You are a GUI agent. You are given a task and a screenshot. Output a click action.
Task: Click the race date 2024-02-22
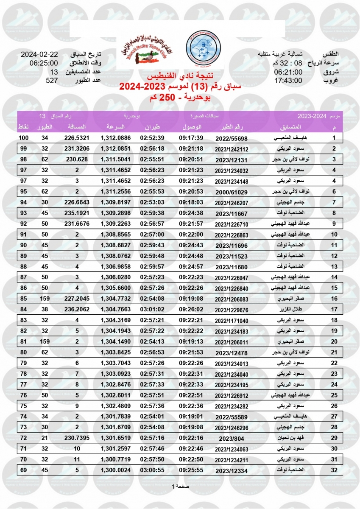pos(39,56)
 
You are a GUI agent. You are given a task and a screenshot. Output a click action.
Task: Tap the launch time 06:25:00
pos(40,64)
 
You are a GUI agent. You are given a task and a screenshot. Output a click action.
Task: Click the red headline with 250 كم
pos(180,98)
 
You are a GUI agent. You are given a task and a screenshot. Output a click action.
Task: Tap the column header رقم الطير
pos(231,127)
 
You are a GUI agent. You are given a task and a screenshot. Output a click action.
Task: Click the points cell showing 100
pos(23,138)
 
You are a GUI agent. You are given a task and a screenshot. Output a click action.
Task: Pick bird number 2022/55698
pos(231,138)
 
